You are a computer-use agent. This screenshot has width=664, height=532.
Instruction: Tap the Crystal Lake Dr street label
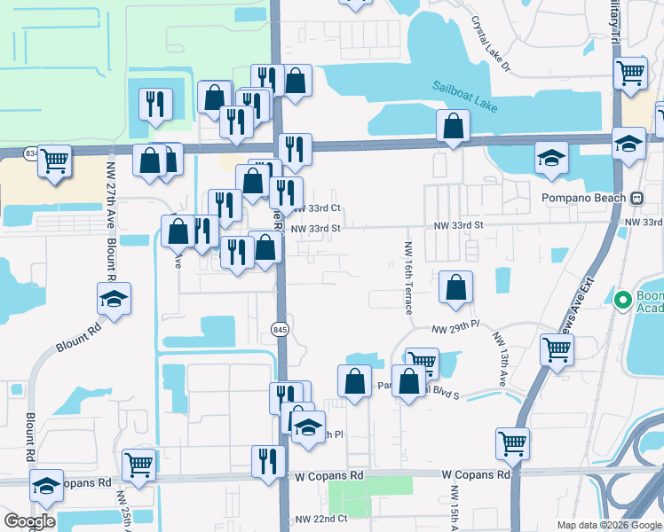pos(491,43)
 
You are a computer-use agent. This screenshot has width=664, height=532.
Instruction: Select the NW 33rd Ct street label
pos(317,208)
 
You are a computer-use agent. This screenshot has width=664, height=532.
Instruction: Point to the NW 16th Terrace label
pos(408,278)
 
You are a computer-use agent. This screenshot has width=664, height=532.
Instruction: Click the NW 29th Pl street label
pos(455,329)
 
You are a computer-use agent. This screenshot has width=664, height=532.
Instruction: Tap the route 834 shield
pos(32,153)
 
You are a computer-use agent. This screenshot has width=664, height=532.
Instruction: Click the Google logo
pos(29,521)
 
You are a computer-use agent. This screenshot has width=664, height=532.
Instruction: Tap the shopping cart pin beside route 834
pos(55,162)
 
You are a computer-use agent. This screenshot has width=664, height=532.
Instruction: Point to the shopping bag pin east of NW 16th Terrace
pos(455,288)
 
